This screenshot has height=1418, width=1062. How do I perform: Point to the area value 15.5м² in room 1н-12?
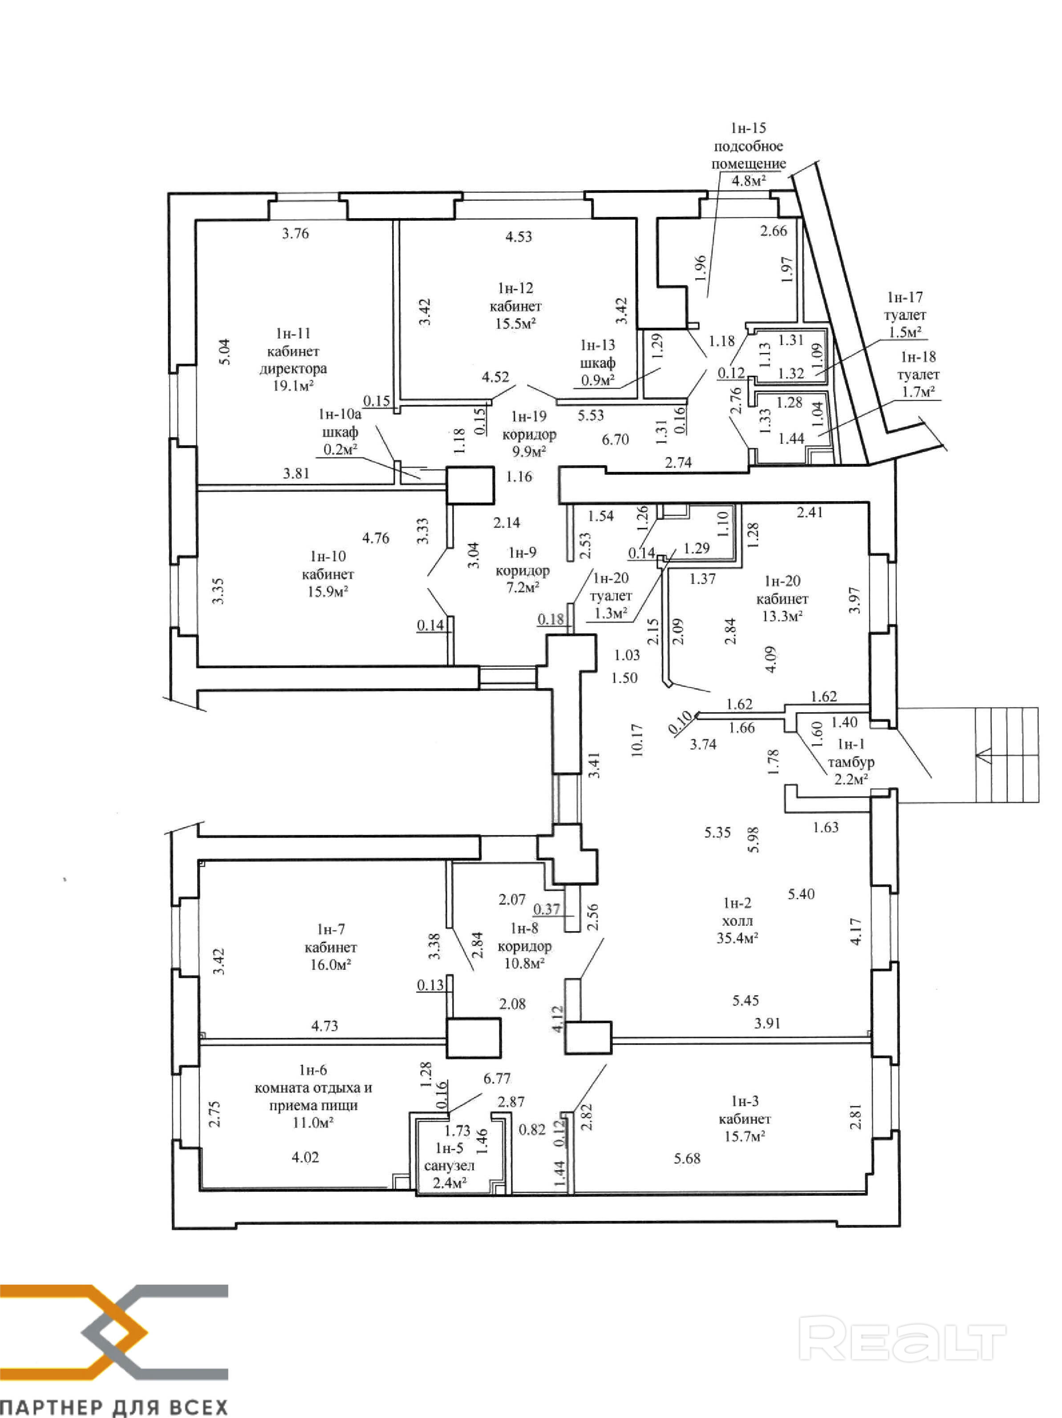(x=515, y=323)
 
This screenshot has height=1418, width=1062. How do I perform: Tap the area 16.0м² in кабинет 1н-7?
(x=330, y=965)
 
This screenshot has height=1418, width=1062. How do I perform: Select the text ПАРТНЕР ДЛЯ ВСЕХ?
(x=114, y=1407)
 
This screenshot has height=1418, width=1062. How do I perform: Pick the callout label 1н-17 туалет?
(x=904, y=306)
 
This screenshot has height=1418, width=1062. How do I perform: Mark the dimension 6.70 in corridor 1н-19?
(x=615, y=439)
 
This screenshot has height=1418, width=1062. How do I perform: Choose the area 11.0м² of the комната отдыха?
(x=313, y=1122)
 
